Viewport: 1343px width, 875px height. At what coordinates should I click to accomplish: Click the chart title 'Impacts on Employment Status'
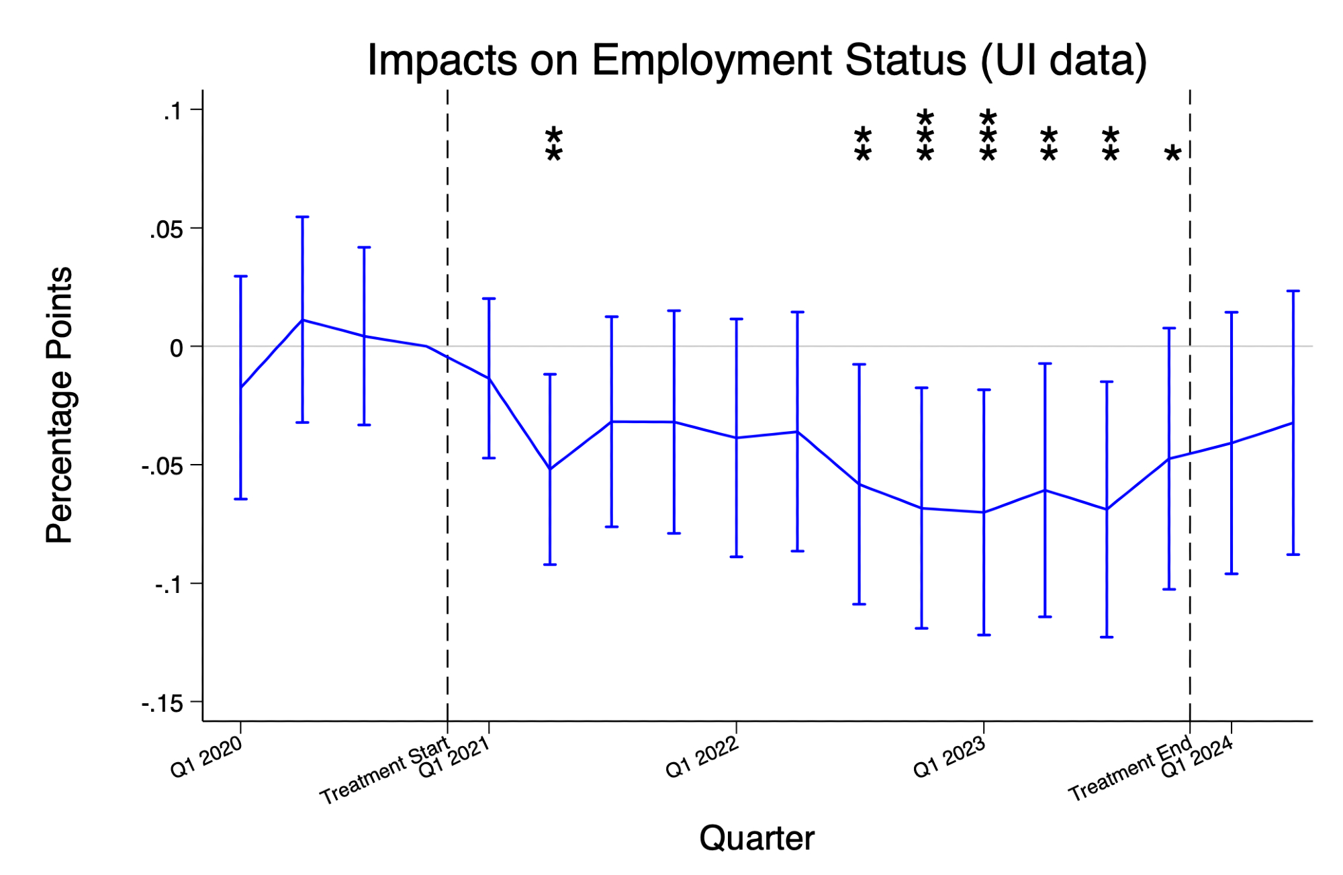pos(757,60)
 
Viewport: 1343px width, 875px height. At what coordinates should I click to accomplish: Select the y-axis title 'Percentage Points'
pos(59,405)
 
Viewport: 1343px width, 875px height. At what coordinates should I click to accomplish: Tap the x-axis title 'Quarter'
pos(757,838)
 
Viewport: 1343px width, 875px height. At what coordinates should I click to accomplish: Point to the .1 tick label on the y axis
pos(173,111)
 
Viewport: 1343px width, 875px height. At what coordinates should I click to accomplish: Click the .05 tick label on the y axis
pos(167,230)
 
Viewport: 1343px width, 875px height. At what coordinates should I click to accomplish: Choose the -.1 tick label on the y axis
pos(168,586)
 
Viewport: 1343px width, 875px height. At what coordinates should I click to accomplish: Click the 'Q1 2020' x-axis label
pos(206,757)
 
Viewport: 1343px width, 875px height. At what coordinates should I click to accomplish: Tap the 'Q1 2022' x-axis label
pos(702,757)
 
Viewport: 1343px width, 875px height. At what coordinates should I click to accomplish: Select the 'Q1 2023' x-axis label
pos(949,757)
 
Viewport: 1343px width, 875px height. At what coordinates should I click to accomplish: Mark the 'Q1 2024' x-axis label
pos(1197,757)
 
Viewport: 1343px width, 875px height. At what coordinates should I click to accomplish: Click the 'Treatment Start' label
pos(384,771)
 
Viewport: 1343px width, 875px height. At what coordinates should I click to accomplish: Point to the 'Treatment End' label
pos(1130,768)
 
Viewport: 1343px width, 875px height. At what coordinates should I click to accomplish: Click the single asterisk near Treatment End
pos(1172,154)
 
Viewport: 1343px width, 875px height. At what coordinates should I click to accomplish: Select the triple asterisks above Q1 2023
pos(988,137)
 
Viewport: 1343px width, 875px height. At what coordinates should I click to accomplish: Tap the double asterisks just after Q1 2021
pos(553,144)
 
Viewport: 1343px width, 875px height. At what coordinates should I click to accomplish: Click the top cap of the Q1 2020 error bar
pos(240,276)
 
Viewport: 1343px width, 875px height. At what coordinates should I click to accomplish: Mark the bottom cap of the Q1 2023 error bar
pos(984,635)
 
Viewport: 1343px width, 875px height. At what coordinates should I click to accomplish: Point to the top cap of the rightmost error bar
pos(1293,291)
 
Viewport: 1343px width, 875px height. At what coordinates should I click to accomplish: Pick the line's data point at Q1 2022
pos(737,438)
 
